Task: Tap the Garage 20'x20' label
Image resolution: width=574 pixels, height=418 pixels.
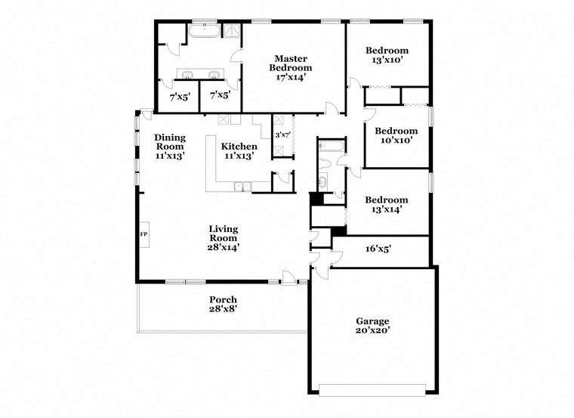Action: click(x=372, y=325)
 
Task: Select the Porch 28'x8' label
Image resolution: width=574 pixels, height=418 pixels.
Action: click(x=223, y=305)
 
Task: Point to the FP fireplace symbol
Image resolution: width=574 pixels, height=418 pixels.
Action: click(x=143, y=234)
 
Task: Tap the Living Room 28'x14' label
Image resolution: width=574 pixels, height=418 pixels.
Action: click(x=224, y=237)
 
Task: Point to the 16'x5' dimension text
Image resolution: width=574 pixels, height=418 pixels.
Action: click(x=378, y=248)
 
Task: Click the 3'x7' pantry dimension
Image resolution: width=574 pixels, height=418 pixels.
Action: click(x=282, y=135)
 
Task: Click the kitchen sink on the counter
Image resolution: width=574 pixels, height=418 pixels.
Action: click(x=242, y=186)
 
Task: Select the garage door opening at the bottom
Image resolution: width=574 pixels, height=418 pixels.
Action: click(x=372, y=389)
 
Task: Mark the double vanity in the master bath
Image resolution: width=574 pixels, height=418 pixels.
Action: click(x=199, y=73)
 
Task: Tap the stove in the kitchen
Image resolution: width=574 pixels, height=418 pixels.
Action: click(x=224, y=119)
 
